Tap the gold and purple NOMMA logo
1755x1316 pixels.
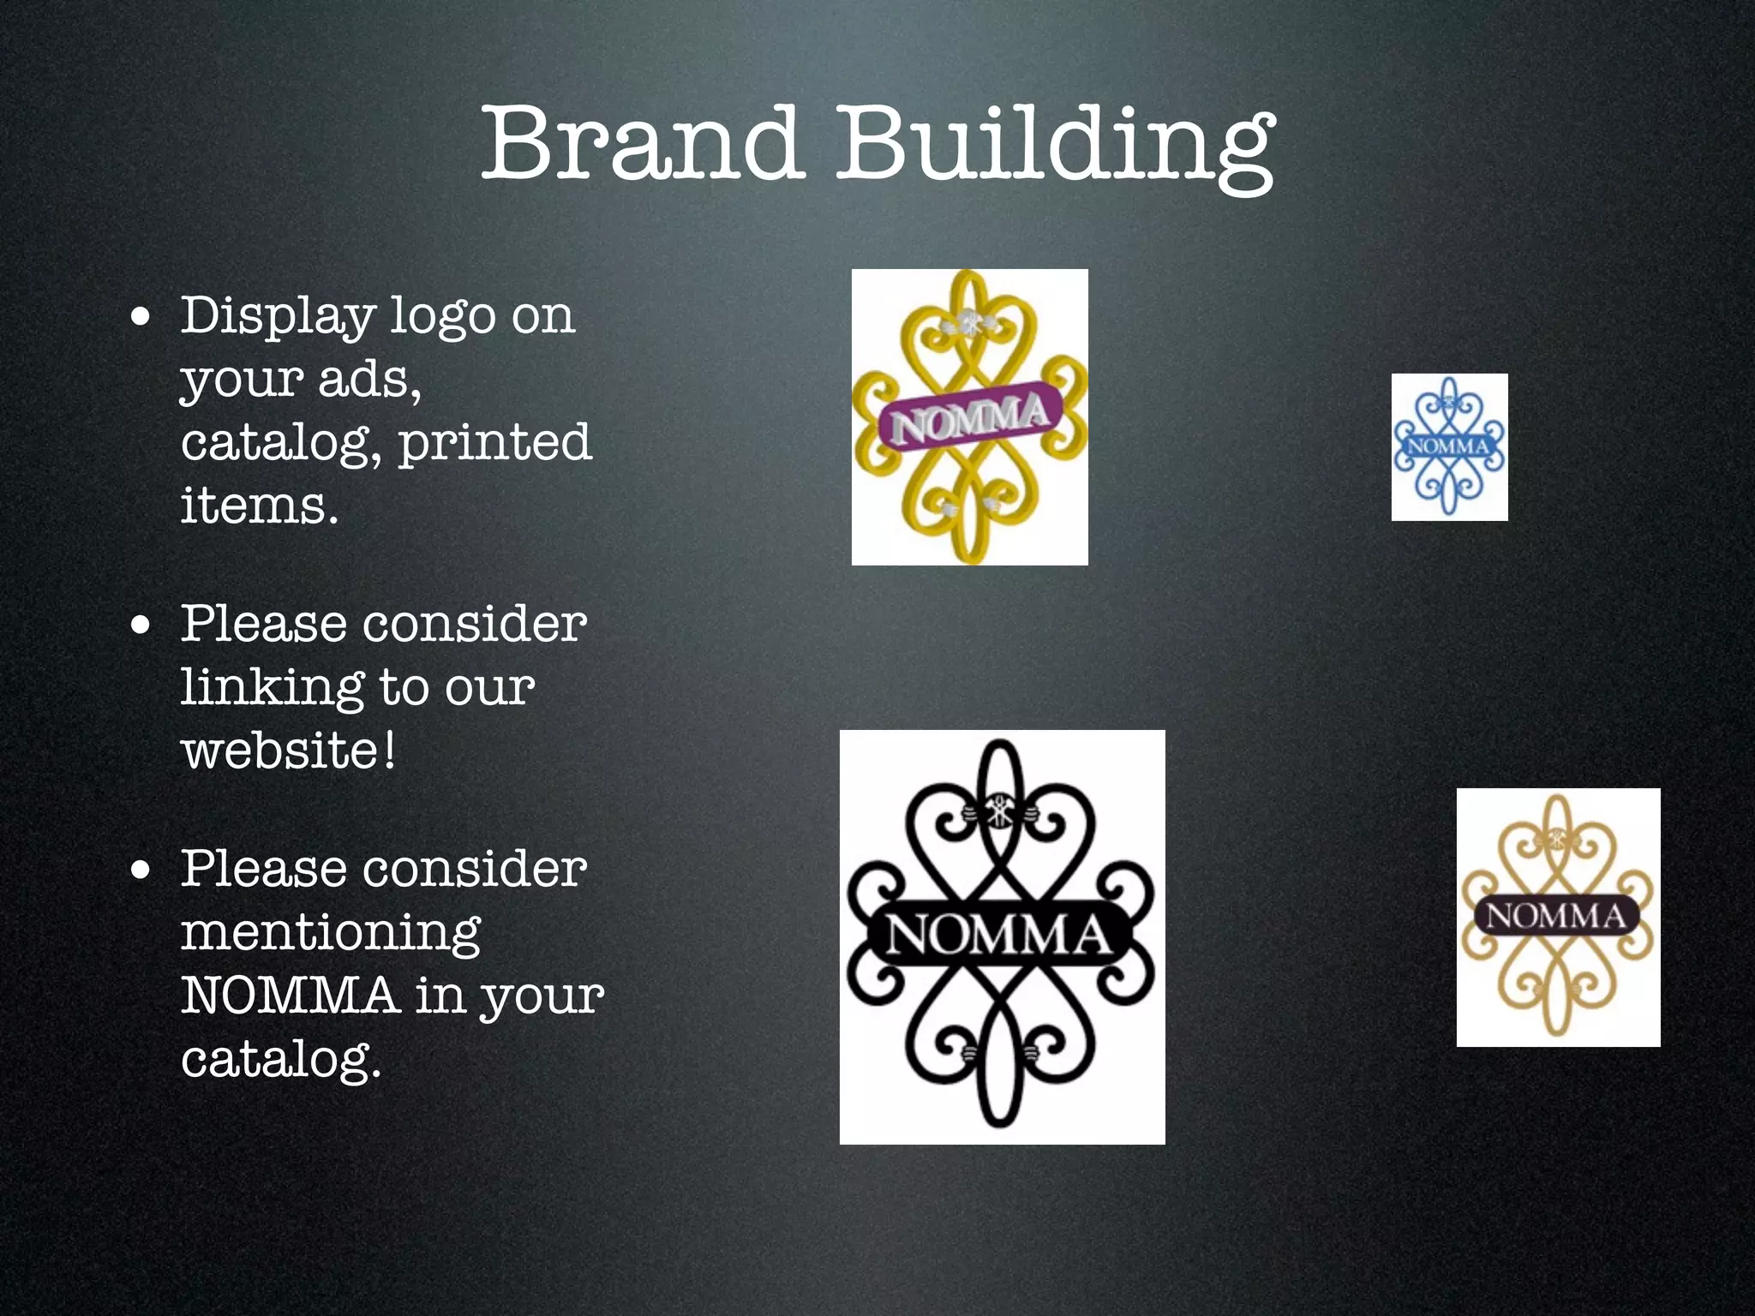[969, 417]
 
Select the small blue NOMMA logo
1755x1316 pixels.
[1449, 446]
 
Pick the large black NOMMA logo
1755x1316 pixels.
[1002, 936]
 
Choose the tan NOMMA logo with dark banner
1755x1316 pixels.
[1558, 917]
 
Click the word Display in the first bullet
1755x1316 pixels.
[278, 317]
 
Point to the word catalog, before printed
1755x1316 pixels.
[281, 444]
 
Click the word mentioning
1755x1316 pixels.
[331, 933]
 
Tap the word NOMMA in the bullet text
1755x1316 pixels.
[290, 996]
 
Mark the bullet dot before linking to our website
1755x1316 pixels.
[141, 625]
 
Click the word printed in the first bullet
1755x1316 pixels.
[494, 444]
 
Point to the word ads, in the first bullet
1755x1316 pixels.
[369, 380]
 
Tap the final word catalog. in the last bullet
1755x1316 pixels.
[280, 1059]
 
